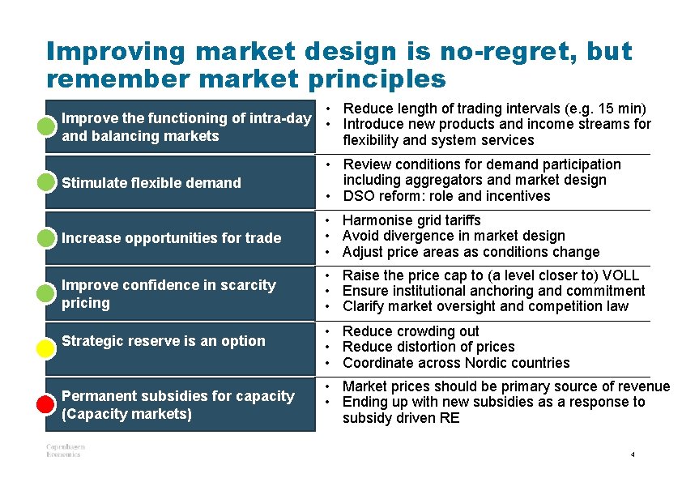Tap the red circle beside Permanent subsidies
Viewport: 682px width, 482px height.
[x=46, y=403]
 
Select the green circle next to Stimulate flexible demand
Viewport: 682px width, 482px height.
[x=46, y=181]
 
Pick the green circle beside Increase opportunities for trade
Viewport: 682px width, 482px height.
[x=46, y=237]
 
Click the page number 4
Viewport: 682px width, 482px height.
[x=633, y=455]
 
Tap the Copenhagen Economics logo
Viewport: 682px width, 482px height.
[x=65, y=450]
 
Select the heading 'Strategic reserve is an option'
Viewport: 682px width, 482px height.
[x=163, y=341]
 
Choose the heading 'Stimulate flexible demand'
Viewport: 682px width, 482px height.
[x=151, y=183]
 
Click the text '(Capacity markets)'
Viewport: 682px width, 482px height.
[x=127, y=415]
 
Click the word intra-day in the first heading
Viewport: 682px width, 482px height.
[x=280, y=118]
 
